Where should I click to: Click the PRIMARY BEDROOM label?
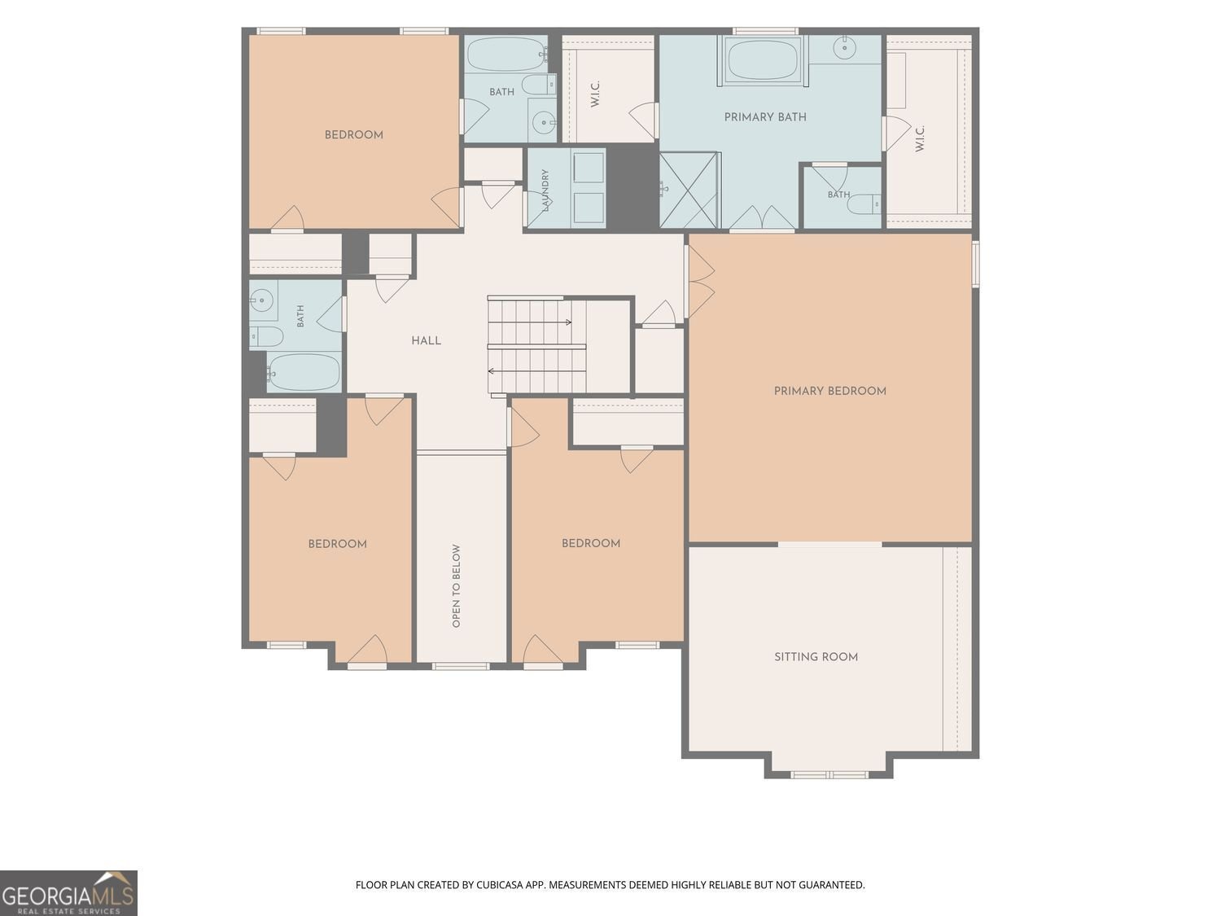tap(829, 391)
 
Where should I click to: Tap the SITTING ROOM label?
tap(816, 657)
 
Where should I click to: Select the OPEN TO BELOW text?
tap(456, 585)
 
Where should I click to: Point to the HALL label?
tap(426, 341)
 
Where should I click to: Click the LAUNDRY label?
tap(545, 190)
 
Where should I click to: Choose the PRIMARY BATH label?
tap(765, 116)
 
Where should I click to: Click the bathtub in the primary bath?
tap(764, 59)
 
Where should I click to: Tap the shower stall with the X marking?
tap(689, 190)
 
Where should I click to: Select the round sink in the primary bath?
tap(844, 48)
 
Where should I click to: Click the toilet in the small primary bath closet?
tap(864, 204)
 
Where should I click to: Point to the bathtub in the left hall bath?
tap(303, 372)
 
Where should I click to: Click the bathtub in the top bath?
tap(505, 55)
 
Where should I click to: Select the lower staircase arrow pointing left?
tap(536, 371)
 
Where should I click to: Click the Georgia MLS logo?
tap(68, 892)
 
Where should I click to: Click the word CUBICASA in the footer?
tap(498, 884)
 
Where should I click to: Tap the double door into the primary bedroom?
tap(701, 282)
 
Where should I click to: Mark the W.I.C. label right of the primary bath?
tap(919, 138)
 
